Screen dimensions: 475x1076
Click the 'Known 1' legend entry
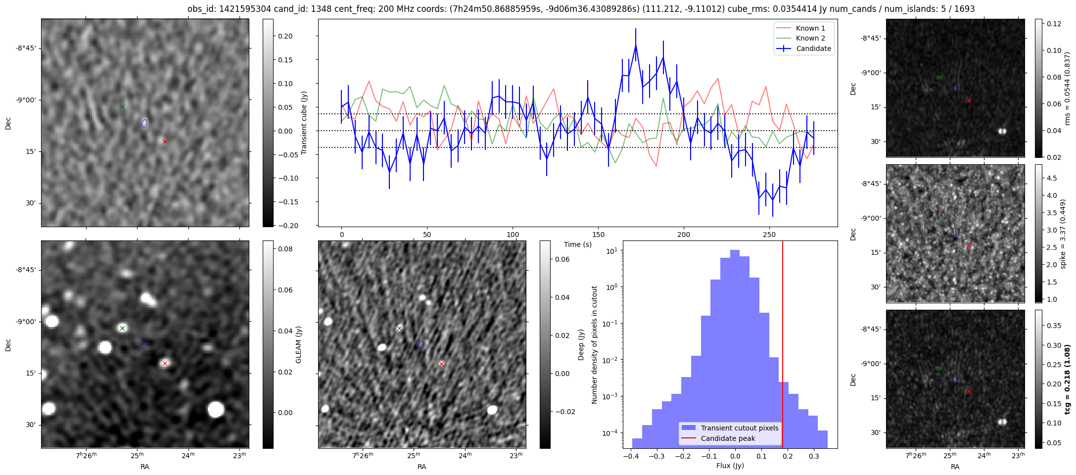[810, 28]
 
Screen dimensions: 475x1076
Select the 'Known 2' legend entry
[810, 38]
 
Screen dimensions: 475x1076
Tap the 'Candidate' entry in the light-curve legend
[813, 48]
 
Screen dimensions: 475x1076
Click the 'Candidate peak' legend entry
[728, 438]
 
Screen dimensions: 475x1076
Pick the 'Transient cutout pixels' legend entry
[739, 428]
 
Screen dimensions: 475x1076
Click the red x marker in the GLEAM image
[165, 364]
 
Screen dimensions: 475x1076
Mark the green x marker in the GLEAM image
[122, 328]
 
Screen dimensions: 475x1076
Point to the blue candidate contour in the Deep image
[421, 345]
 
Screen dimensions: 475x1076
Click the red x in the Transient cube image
[165, 142]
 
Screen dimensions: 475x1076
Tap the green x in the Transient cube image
[122, 106]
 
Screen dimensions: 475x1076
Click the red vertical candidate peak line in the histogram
[783, 346]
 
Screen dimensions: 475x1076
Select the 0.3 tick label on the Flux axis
[813, 456]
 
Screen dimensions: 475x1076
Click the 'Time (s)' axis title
[578, 244]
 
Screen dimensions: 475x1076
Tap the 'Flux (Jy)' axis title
[730, 466]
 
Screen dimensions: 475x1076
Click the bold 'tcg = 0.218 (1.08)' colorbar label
[1067, 379]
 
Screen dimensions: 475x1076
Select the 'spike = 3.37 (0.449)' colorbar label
[1063, 234]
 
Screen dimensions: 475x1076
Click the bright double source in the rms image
[1002, 131]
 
